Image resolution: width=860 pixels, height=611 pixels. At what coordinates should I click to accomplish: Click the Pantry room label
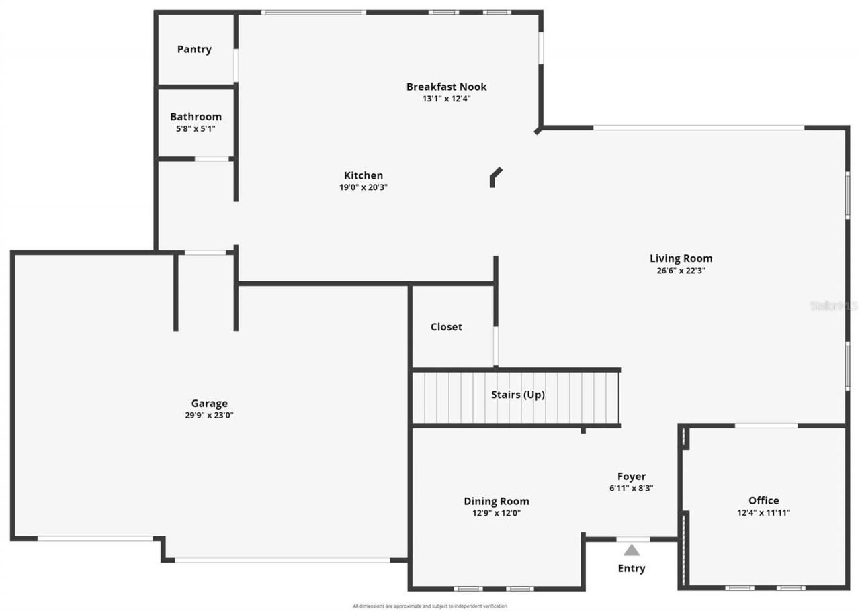pyautogui.click(x=194, y=49)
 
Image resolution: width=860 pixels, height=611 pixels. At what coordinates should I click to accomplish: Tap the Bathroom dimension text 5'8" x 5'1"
pyautogui.click(x=196, y=128)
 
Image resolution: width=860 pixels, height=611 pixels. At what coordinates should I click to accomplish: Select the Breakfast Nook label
pyautogui.click(x=446, y=87)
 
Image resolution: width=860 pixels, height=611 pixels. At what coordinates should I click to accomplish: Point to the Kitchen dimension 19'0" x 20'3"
pyautogui.click(x=363, y=187)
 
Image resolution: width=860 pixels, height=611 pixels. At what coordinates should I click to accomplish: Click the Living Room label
pyautogui.click(x=681, y=258)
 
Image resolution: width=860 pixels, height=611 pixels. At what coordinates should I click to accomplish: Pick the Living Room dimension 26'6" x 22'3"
pyautogui.click(x=681, y=271)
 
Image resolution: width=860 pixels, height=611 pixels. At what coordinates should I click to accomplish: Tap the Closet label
pyautogui.click(x=446, y=327)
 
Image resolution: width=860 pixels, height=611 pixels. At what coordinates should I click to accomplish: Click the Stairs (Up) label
pyautogui.click(x=517, y=395)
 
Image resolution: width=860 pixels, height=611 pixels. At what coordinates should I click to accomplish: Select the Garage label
pyautogui.click(x=209, y=403)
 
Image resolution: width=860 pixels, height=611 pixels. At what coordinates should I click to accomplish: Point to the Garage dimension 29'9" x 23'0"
pyautogui.click(x=209, y=415)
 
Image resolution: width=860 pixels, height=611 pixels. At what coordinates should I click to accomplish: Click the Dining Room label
pyautogui.click(x=496, y=501)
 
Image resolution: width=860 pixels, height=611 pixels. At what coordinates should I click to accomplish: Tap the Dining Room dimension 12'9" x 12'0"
pyautogui.click(x=496, y=513)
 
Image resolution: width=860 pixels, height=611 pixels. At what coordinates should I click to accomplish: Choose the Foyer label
pyautogui.click(x=631, y=477)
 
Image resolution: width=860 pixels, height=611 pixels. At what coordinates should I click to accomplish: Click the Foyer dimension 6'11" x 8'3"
pyautogui.click(x=631, y=488)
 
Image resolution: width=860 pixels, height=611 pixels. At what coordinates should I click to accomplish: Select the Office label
pyautogui.click(x=763, y=500)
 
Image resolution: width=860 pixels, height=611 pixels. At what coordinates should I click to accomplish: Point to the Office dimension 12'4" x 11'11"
pyautogui.click(x=763, y=512)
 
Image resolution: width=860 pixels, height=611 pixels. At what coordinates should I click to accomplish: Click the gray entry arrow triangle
pyautogui.click(x=631, y=551)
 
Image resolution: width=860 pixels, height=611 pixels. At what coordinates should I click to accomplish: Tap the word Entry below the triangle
pyautogui.click(x=631, y=569)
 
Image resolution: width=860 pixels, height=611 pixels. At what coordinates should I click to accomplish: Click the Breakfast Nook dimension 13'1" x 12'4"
pyautogui.click(x=446, y=99)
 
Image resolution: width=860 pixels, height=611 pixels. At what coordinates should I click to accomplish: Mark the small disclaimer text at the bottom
pyautogui.click(x=430, y=606)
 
